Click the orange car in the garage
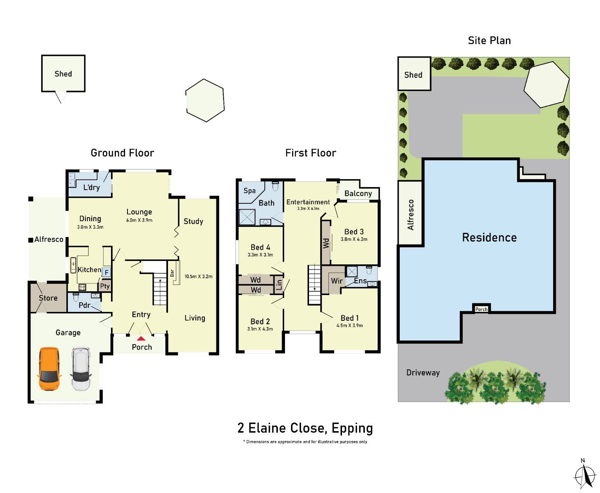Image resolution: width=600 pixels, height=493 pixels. pyautogui.click(x=49, y=369)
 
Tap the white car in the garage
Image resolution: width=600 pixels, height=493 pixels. pyautogui.click(x=81, y=369)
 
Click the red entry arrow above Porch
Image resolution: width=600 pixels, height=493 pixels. pyautogui.click(x=141, y=338)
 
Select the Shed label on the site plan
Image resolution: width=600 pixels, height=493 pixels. pyautogui.click(x=413, y=75)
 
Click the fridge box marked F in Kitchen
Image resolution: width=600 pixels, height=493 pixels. pyautogui.click(x=106, y=273)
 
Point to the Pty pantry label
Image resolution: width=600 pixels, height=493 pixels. pyautogui.click(x=105, y=286)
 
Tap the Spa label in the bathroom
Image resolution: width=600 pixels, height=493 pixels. pyautogui.click(x=249, y=190)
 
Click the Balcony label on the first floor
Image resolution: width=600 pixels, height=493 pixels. pyautogui.click(x=358, y=193)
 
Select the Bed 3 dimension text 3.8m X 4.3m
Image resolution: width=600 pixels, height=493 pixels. pyautogui.click(x=354, y=239)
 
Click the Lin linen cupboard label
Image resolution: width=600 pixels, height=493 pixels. pyautogui.click(x=279, y=285)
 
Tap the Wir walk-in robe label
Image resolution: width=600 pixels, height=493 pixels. pyautogui.click(x=336, y=281)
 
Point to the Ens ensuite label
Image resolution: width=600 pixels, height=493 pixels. pyautogui.click(x=360, y=281)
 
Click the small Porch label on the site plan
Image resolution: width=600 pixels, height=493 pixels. pyautogui.click(x=481, y=309)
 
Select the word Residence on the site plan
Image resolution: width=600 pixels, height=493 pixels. pyautogui.click(x=489, y=237)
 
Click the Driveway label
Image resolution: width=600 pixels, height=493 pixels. pyautogui.click(x=423, y=373)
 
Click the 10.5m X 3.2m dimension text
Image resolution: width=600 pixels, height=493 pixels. pyautogui.click(x=198, y=277)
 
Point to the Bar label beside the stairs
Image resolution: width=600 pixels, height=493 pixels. pyautogui.click(x=172, y=273)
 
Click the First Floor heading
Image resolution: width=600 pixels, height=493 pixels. pyautogui.click(x=310, y=153)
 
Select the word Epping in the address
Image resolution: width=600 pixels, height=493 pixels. pyautogui.click(x=352, y=428)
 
